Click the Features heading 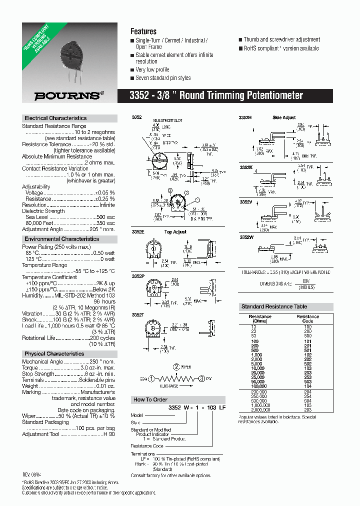(143, 31)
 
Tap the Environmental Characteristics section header (61, 239)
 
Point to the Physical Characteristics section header (54, 353)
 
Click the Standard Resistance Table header (274, 306)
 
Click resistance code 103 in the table (307, 368)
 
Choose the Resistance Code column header (307, 318)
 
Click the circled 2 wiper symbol (176, 367)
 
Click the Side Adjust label (284, 117)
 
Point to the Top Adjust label (175, 232)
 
